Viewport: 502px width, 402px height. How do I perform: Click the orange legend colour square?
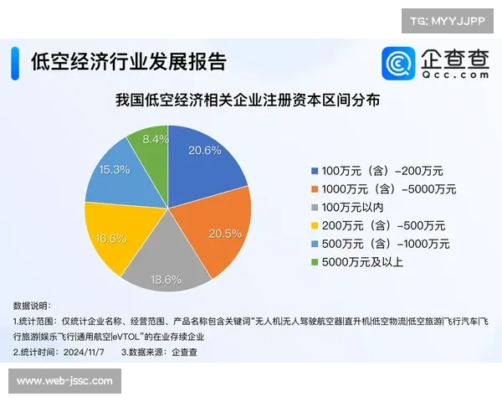coord(315,188)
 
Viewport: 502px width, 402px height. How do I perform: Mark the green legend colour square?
coord(315,263)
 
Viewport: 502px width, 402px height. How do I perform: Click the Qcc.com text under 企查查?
coord(455,75)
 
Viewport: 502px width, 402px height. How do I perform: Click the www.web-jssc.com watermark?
coord(64,381)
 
